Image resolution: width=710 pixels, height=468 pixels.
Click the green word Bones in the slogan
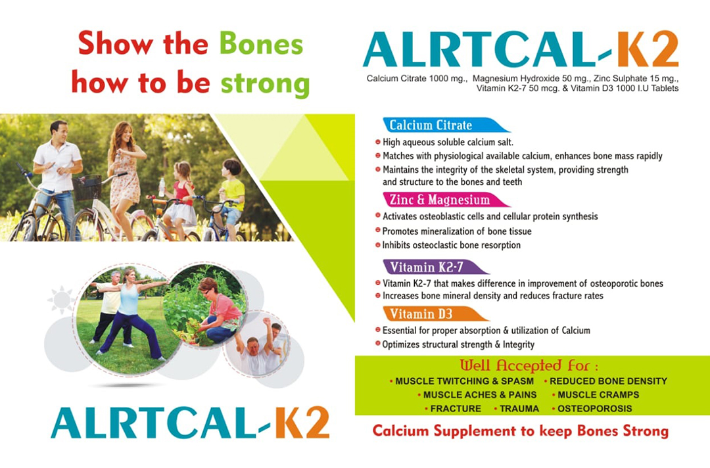point(261,43)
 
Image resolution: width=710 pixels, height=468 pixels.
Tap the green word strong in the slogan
point(265,84)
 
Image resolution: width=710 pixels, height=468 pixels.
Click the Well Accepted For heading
point(529,365)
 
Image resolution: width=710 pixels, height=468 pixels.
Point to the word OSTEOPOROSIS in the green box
point(594,408)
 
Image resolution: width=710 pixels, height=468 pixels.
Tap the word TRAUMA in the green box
point(519,408)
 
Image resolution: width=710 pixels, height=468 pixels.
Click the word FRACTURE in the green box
point(456,408)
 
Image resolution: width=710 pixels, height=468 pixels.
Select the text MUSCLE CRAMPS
point(598,394)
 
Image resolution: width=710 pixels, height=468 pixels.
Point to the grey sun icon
point(62,299)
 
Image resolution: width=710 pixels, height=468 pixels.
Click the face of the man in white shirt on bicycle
point(59,131)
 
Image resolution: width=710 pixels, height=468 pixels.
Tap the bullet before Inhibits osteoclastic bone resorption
point(377,245)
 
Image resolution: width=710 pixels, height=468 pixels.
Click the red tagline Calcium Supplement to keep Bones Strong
point(520,431)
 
